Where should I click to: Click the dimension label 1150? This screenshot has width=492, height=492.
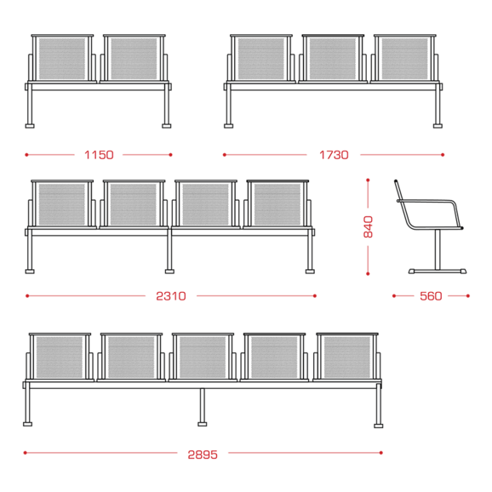99,155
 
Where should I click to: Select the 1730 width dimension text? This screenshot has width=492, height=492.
334,155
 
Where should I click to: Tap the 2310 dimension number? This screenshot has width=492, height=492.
171,296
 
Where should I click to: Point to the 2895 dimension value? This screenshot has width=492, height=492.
203,455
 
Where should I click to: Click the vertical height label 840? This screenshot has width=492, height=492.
368,226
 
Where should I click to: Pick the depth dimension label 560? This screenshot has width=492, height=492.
431,296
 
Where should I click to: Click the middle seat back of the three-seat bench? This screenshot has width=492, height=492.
333,59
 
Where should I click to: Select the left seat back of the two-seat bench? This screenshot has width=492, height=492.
62,59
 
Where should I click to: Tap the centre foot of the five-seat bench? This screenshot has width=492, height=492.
203,424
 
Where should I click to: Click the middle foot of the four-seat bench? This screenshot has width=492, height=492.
169,271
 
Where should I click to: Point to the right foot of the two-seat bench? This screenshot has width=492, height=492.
167,126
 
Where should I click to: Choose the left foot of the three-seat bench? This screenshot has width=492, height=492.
229,126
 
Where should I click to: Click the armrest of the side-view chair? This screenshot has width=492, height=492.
430,201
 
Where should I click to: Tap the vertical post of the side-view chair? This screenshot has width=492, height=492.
438,249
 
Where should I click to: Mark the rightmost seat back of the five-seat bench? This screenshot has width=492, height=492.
347,357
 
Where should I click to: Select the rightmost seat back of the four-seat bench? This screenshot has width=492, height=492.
277,204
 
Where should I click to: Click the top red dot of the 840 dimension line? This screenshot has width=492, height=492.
368,180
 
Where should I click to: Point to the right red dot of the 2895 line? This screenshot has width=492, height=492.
381,453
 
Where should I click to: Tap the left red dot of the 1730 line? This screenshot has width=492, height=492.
225,155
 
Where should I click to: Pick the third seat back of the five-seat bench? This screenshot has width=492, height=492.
203,357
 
